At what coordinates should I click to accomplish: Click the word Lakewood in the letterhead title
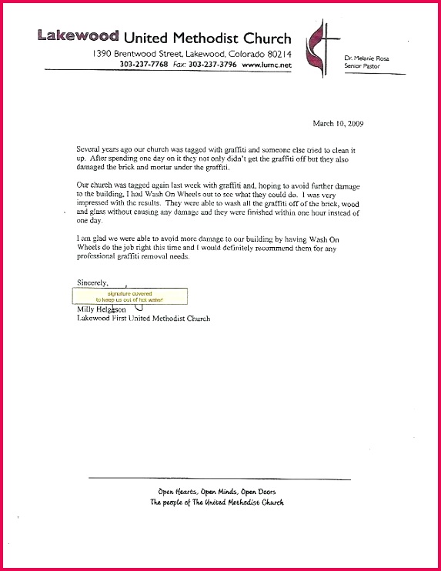click(77, 36)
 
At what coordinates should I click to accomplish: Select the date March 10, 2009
click(338, 123)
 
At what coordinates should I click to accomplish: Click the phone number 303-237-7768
click(144, 65)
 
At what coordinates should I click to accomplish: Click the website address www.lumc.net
click(267, 65)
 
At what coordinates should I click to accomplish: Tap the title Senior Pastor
click(361, 67)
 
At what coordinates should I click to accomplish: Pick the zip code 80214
click(276, 54)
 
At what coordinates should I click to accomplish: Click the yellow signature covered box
click(129, 296)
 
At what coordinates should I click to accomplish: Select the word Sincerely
click(92, 282)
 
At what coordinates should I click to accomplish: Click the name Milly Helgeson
click(102, 309)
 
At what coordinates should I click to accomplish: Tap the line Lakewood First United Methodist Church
click(143, 318)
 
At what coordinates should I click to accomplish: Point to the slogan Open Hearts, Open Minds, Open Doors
click(216, 491)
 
